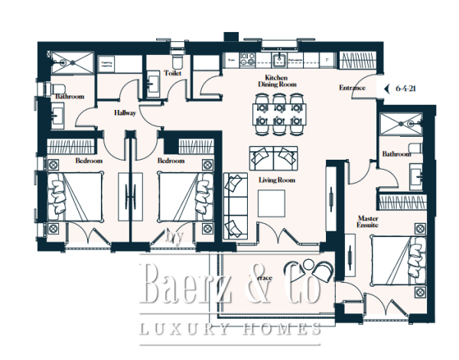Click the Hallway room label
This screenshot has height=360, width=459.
tap(125, 112)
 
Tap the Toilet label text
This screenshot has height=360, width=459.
tap(173, 73)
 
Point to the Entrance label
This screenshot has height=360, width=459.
tap(352, 88)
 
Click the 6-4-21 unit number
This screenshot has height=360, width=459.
tap(406, 88)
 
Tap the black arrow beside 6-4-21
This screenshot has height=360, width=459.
tap(386, 88)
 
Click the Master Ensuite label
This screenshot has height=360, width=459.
tap(369, 222)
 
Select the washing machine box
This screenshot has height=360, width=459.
tap(106, 63)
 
